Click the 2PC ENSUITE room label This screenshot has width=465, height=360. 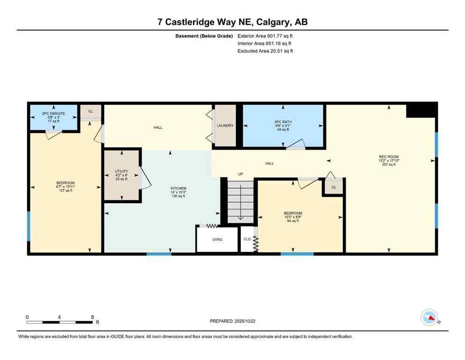point(53,113)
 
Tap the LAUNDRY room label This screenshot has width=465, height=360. point(225,126)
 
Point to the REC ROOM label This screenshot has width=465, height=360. point(389,157)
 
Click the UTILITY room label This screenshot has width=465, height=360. point(122,172)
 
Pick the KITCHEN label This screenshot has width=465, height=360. point(178,188)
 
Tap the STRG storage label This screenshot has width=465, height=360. point(217,240)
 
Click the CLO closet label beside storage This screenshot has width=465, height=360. point(246,240)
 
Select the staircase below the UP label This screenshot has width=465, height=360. point(240,201)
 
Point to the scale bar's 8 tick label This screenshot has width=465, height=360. point(92,317)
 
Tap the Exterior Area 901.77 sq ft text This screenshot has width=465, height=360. point(265,36)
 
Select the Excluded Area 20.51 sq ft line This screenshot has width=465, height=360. point(265,51)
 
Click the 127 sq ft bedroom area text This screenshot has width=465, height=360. point(66,191)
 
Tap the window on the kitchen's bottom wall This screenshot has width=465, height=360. point(159,254)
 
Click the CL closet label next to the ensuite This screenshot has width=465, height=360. point(90,112)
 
